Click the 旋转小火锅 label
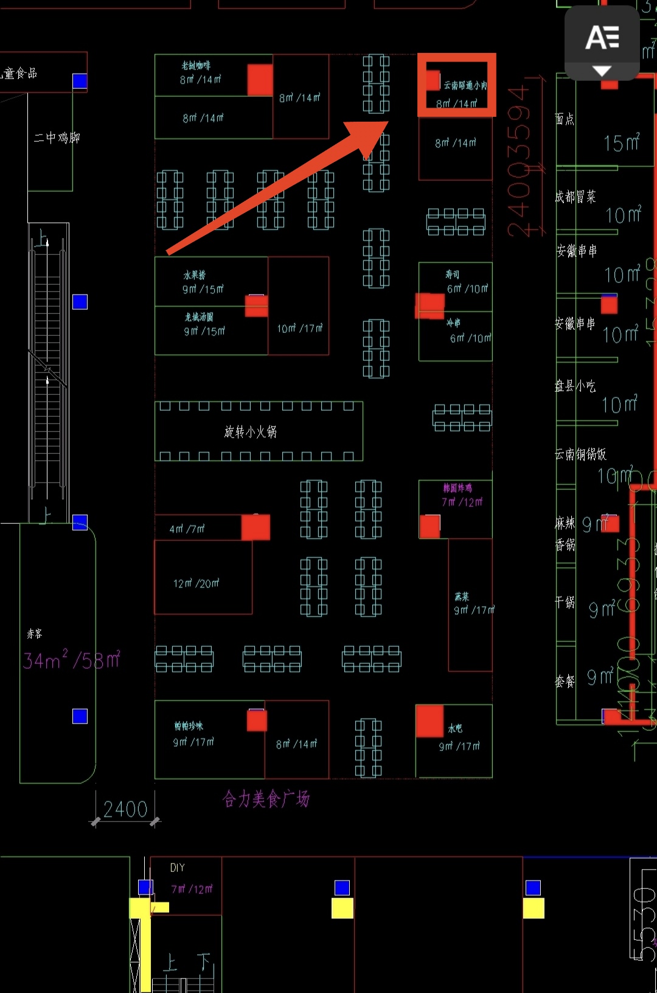[x=250, y=432]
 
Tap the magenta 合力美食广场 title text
[x=266, y=799]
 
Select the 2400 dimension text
[x=125, y=809]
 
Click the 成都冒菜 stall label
[x=575, y=197]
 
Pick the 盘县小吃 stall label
[x=575, y=386]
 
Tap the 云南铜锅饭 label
[x=581, y=454]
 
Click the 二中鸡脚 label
[x=57, y=138]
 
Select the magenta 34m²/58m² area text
[x=72, y=660]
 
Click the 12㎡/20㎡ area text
[x=196, y=584]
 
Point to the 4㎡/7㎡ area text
[x=187, y=529]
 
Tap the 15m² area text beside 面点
[x=622, y=143]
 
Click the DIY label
[x=177, y=868]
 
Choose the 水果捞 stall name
[x=195, y=275]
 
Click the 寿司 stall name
[x=453, y=275]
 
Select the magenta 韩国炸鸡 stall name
[x=457, y=488]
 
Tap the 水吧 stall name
[x=455, y=728]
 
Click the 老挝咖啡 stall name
[x=196, y=66]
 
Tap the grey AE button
[x=602, y=43]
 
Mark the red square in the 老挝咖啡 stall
[x=260, y=80]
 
